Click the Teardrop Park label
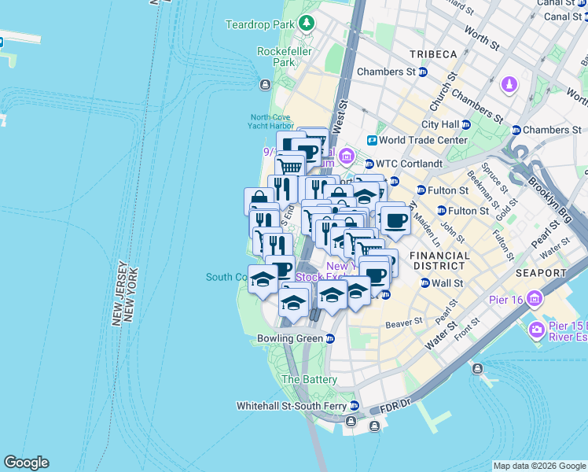(x=259, y=25)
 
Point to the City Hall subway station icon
(x=466, y=124)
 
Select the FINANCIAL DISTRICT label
(x=441, y=261)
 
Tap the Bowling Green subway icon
(x=330, y=339)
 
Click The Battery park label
(x=309, y=379)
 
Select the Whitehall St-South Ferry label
(x=292, y=407)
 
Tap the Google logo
(x=26, y=463)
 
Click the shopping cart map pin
(x=290, y=167)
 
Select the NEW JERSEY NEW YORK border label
(x=126, y=293)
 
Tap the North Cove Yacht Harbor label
(x=271, y=120)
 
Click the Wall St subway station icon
(x=424, y=283)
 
